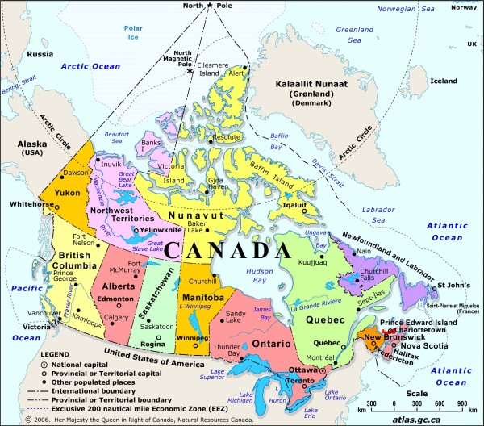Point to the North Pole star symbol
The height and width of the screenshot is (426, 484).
210,6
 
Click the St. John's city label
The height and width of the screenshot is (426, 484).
453,286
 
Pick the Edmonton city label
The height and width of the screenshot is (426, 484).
114,298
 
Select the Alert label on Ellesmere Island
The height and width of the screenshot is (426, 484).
236,73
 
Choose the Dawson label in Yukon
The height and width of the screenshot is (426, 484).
77,173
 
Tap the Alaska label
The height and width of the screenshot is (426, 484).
31,144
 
